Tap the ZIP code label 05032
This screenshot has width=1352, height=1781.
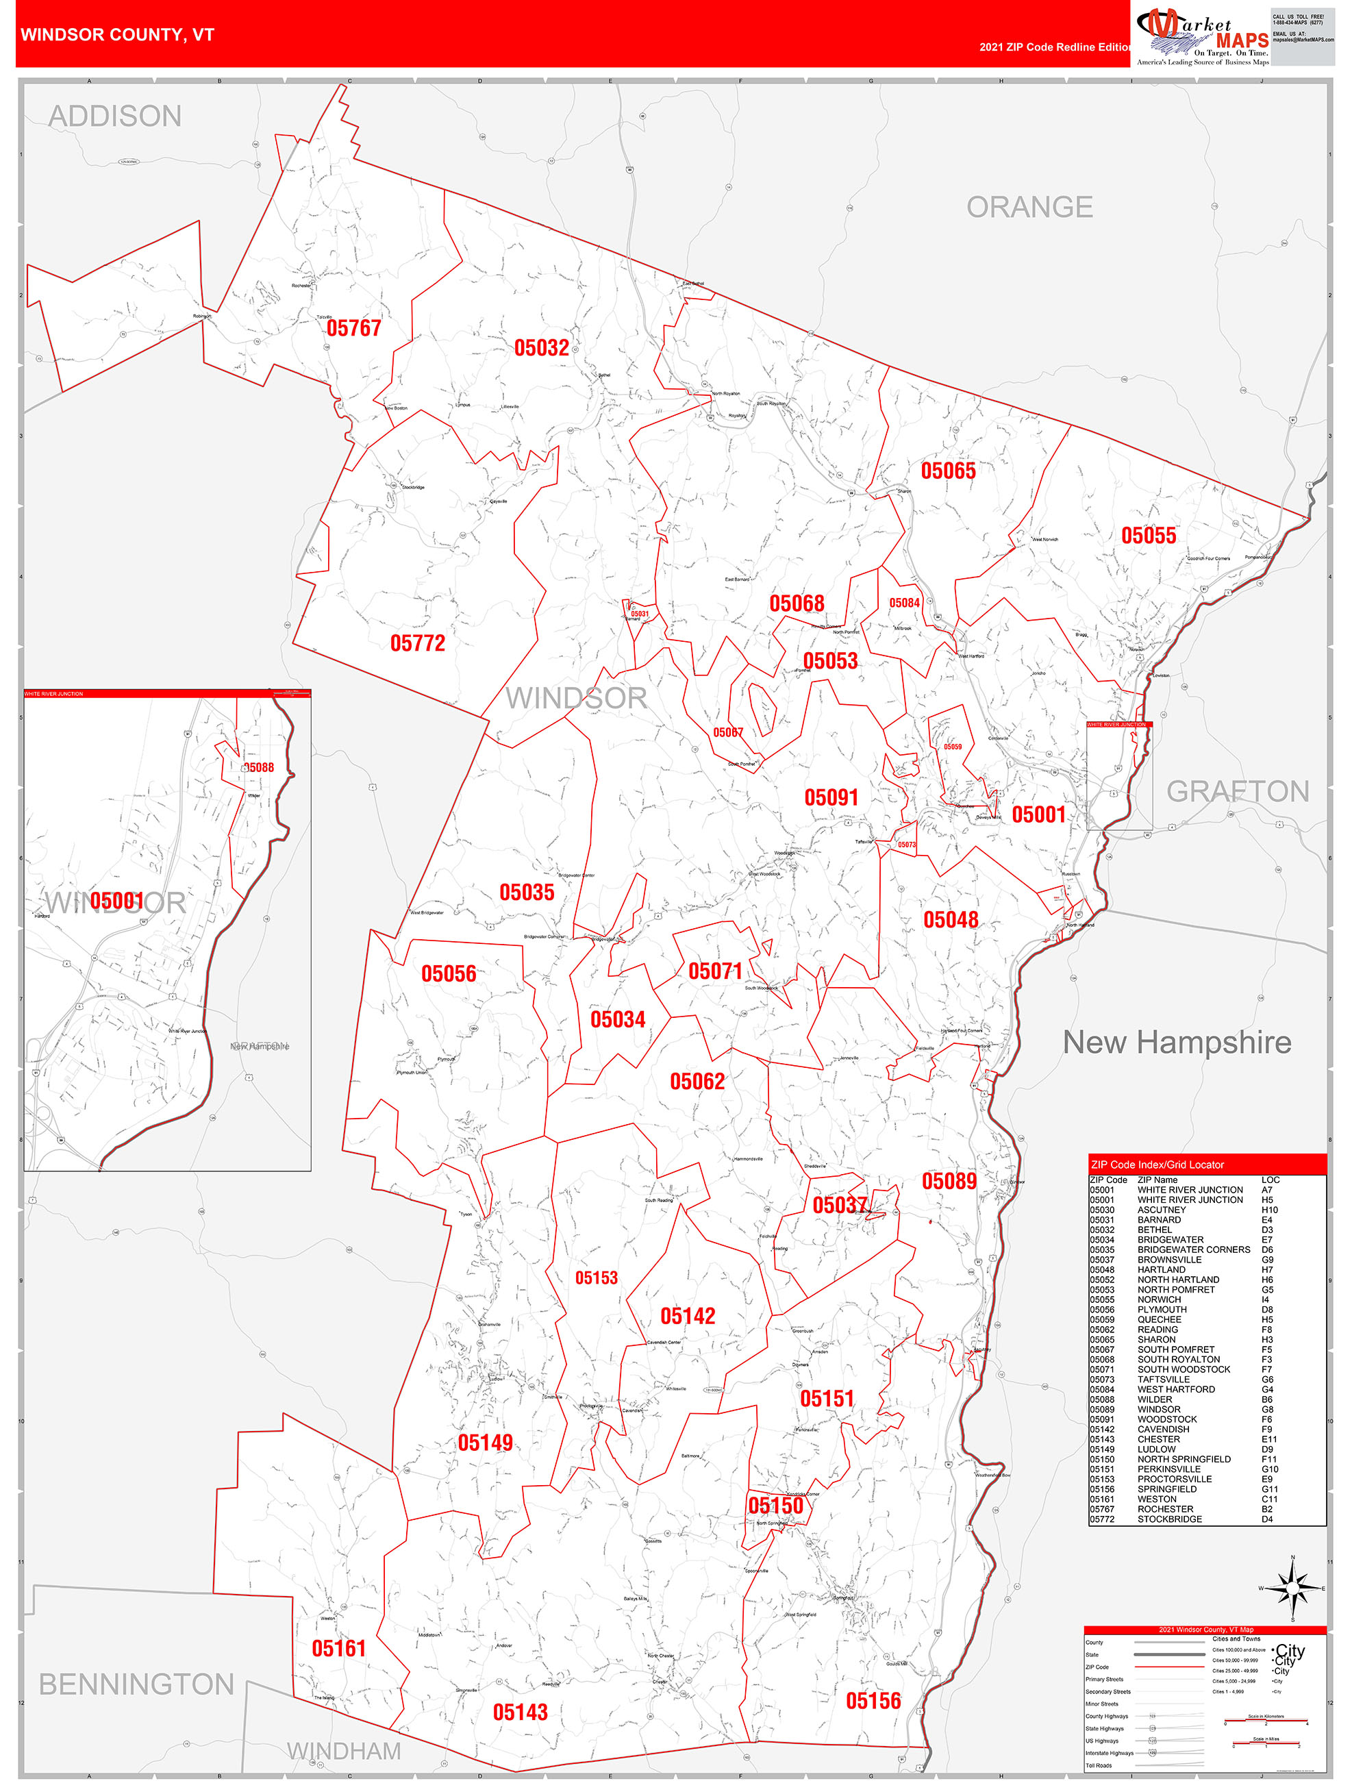[541, 348]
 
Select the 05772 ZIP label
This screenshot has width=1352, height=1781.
[417, 643]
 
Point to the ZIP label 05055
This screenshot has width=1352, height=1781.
[1149, 536]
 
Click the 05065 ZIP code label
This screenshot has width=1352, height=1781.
[948, 471]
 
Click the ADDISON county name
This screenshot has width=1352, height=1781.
[115, 116]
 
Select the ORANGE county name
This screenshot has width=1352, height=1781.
[1029, 207]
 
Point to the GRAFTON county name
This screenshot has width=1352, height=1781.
[1238, 791]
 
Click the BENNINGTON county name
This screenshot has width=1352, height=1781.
[136, 1684]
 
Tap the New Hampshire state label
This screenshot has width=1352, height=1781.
[1177, 1042]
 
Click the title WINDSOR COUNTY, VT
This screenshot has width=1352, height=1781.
[118, 35]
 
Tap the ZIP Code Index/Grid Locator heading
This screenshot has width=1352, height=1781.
[1157, 1164]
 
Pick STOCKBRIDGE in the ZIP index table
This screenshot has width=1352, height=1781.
[1169, 1519]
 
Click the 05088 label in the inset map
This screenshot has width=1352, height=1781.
[258, 767]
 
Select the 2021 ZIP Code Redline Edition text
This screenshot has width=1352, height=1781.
[1055, 47]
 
